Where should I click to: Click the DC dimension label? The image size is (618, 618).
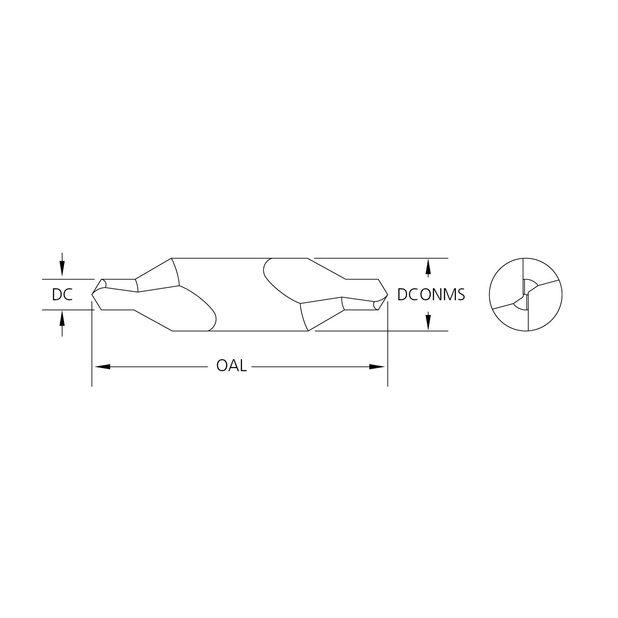click(62, 294)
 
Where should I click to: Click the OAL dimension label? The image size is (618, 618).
click(232, 366)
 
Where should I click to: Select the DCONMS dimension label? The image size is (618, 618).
click(431, 294)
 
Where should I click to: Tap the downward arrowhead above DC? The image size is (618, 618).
click(62, 268)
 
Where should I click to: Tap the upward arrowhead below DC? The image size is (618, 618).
click(62, 321)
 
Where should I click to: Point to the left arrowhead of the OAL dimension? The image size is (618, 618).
click(103, 367)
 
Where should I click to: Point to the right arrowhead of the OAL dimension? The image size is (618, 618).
click(377, 367)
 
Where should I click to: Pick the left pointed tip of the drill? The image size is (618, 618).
click(92, 294)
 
